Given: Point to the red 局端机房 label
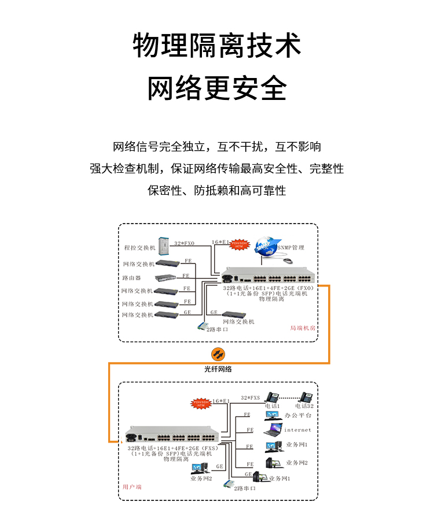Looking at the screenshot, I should tap(302, 328).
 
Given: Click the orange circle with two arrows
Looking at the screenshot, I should tap(218, 354).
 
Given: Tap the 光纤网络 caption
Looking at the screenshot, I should tap(218, 369).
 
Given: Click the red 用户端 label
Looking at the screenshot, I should tap(132, 487).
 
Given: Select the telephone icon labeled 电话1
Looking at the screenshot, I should tap(272, 397).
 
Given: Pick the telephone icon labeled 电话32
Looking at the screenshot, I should tap(306, 397).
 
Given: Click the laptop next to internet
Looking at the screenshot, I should tap(273, 430).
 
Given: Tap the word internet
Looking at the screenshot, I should tap(297, 430).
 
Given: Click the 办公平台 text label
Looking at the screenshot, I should tap(299, 415).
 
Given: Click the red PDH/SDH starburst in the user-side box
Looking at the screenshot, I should tap(201, 403).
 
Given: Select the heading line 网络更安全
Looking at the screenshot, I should tap(217, 88).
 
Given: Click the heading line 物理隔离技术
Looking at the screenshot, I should tap(217, 46).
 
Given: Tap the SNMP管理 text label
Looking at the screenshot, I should tap(291, 247).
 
